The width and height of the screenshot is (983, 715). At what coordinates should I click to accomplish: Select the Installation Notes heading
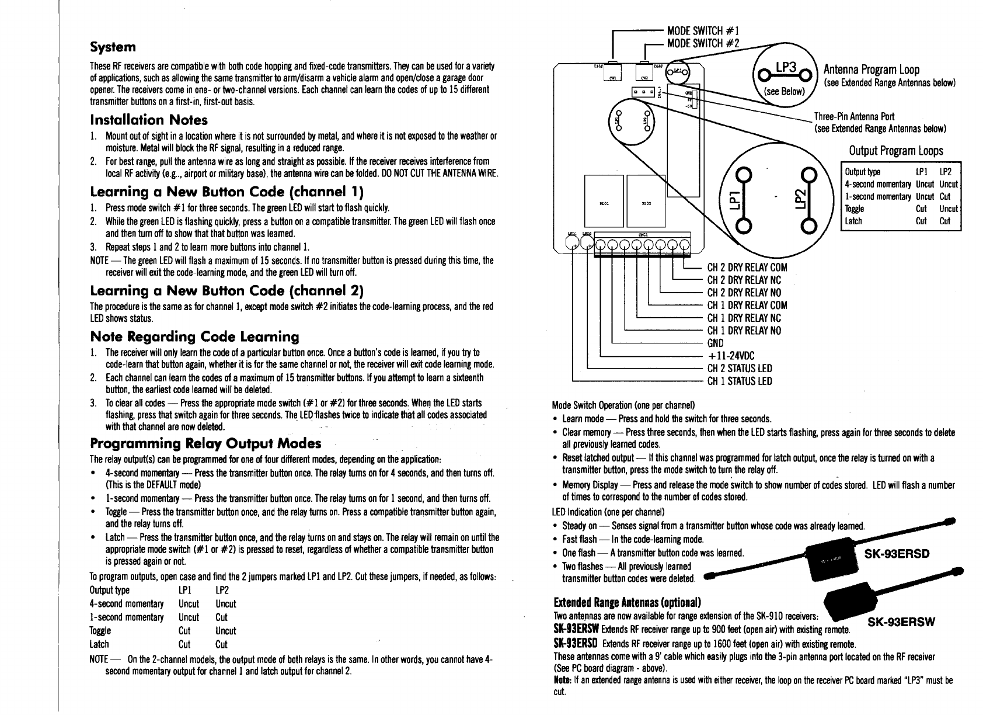click(x=149, y=120)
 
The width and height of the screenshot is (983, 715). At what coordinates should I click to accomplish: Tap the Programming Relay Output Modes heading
click(x=205, y=443)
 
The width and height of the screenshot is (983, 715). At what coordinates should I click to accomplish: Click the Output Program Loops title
click(x=896, y=151)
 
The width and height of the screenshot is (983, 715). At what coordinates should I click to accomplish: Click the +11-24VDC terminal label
click(x=731, y=356)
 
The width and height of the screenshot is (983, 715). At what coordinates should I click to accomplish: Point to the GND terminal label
click(x=715, y=343)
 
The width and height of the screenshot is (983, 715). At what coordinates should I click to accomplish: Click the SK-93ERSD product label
click(x=896, y=553)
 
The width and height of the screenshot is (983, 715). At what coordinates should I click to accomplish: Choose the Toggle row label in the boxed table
click(x=855, y=209)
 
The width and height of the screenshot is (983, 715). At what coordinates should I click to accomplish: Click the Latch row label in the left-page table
click(x=99, y=644)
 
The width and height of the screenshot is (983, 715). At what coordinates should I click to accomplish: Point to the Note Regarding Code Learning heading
click(x=194, y=337)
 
